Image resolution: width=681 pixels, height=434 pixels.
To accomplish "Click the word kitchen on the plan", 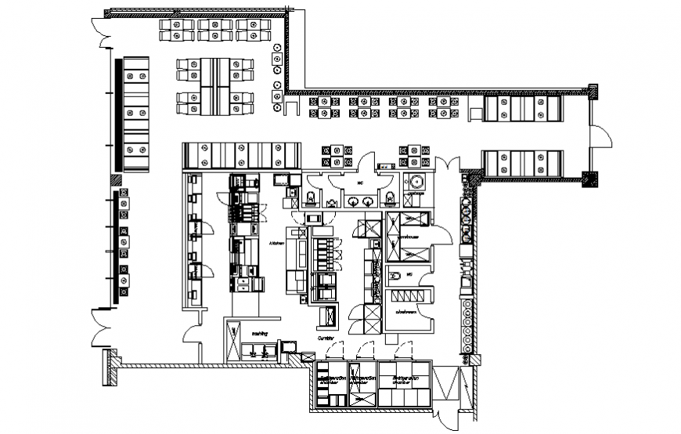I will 276,244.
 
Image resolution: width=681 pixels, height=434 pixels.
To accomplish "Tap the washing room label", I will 259,333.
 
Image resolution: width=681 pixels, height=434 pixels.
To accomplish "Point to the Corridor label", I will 326,339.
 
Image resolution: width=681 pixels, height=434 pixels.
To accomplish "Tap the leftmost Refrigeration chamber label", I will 332,380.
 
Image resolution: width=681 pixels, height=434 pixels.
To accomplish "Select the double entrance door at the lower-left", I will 99,330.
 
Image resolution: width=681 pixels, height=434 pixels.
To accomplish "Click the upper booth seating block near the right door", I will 521,109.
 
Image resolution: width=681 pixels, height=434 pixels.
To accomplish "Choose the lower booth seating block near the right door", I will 521,163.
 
